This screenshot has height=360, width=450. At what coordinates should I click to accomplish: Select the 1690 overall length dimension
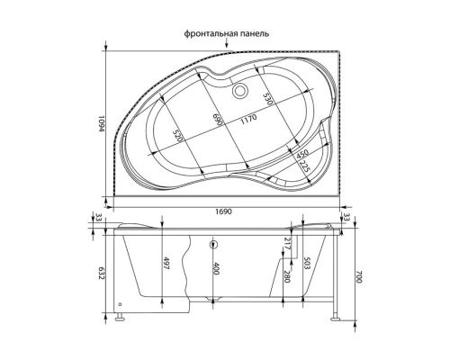[x=225, y=210]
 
